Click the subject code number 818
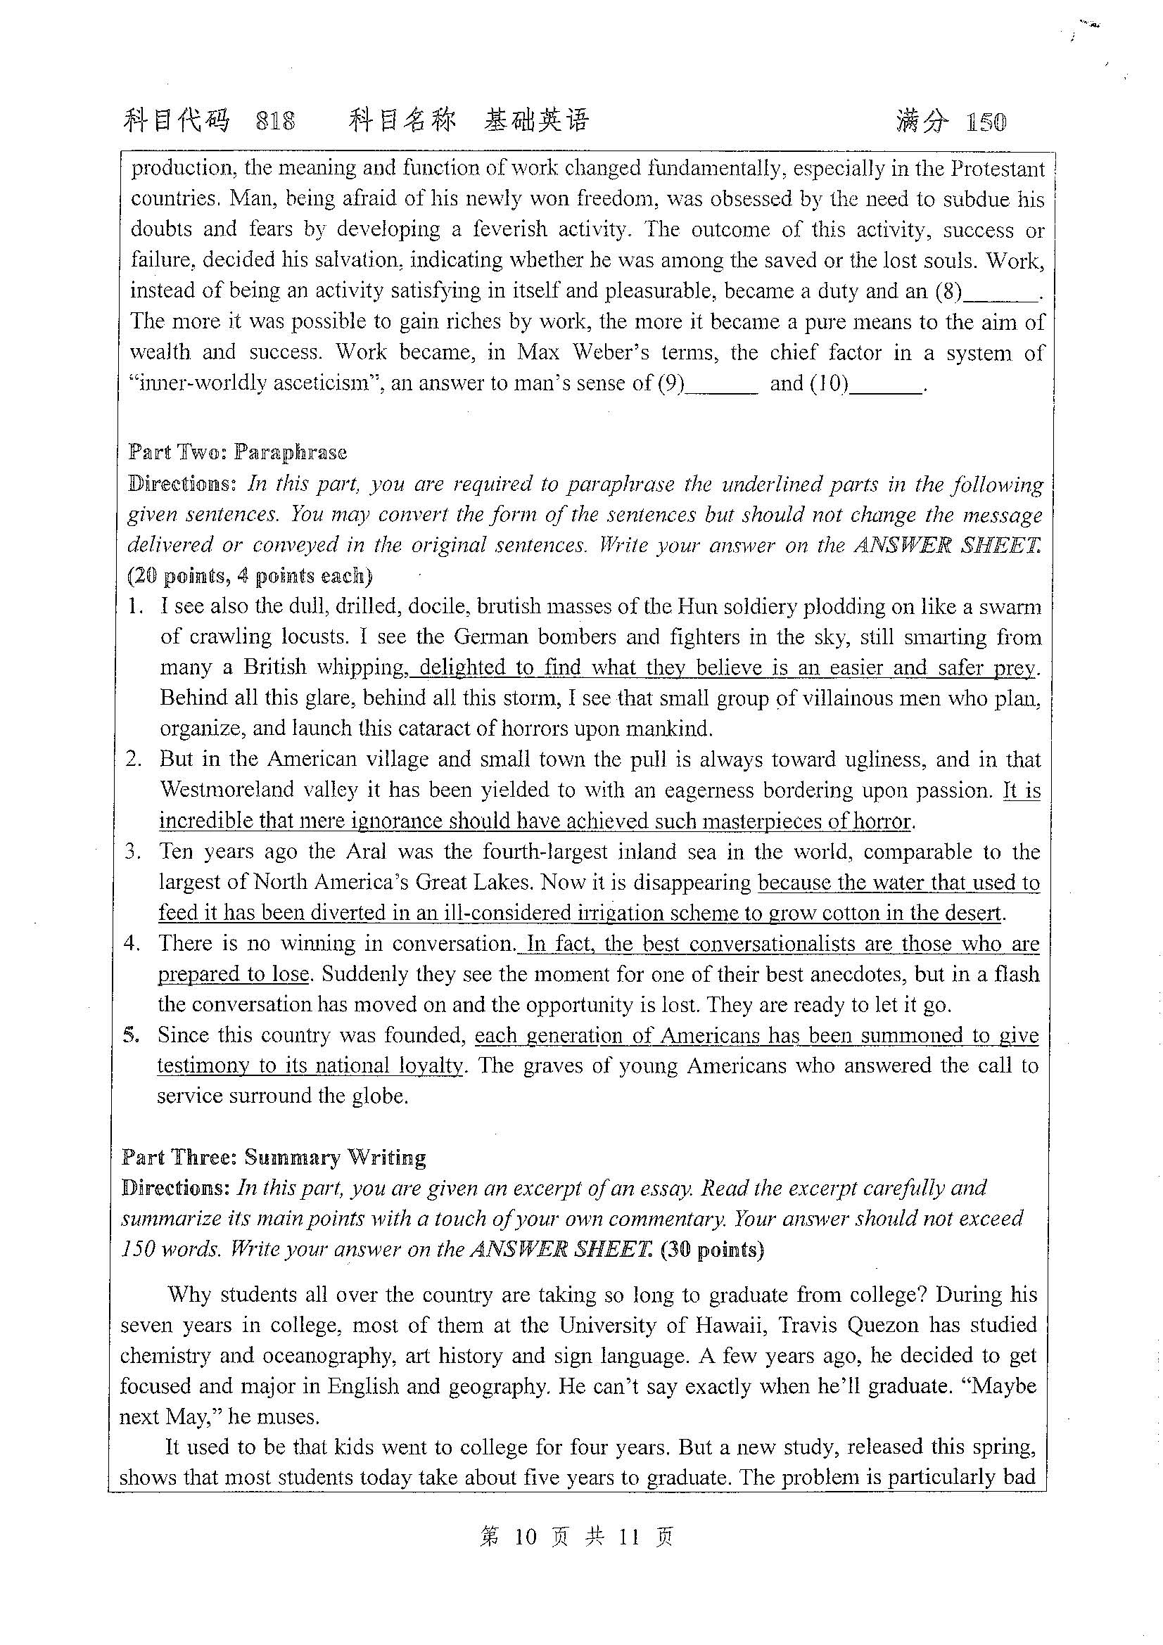pyautogui.click(x=275, y=122)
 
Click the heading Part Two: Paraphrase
pyautogui.click(x=237, y=452)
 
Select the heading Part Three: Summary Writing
pyautogui.click(x=274, y=1157)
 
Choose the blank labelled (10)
pyautogui.click(x=886, y=384)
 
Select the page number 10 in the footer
pyautogui.click(x=526, y=1536)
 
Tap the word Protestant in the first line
pyautogui.click(x=998, y=169)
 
